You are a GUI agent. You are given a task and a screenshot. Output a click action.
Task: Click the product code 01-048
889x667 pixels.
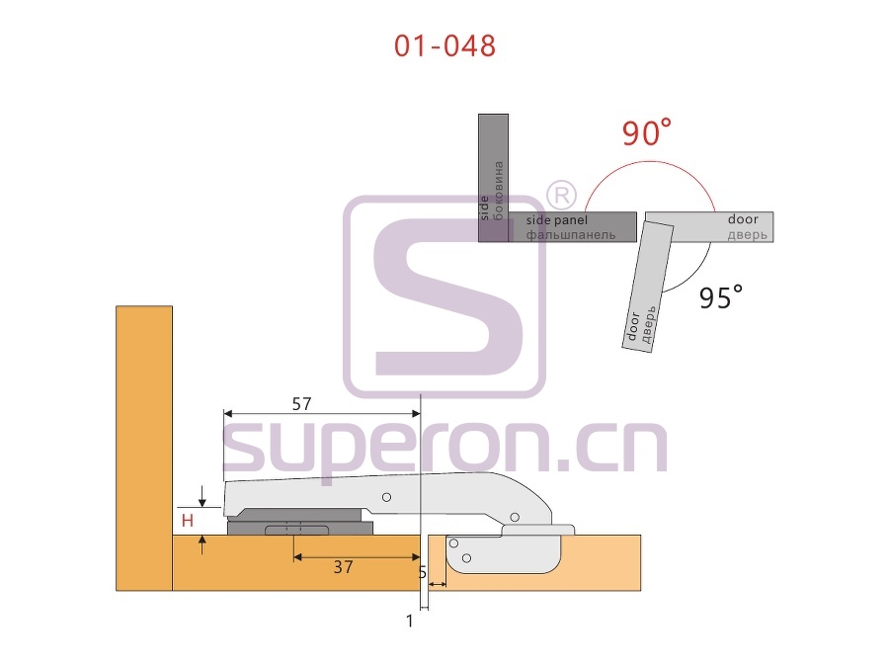[445, 45]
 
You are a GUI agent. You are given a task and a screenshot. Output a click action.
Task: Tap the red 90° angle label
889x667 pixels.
[646, 132]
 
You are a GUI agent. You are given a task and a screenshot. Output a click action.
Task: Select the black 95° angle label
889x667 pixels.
[721, 296]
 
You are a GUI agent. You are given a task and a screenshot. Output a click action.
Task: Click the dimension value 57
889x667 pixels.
[301, 404]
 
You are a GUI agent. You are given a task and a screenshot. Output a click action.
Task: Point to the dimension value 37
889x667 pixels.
[343, 566]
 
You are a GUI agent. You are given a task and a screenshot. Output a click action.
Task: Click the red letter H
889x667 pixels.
[188, 520]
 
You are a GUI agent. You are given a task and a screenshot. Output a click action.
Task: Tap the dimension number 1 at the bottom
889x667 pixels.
[410, 622]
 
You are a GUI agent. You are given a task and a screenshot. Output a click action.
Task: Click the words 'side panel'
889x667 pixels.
[557, 220]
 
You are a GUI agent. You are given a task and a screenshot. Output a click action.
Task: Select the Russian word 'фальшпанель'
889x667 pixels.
[570, 235]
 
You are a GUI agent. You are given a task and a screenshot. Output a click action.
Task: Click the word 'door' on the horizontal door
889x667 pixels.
[743, 219]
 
